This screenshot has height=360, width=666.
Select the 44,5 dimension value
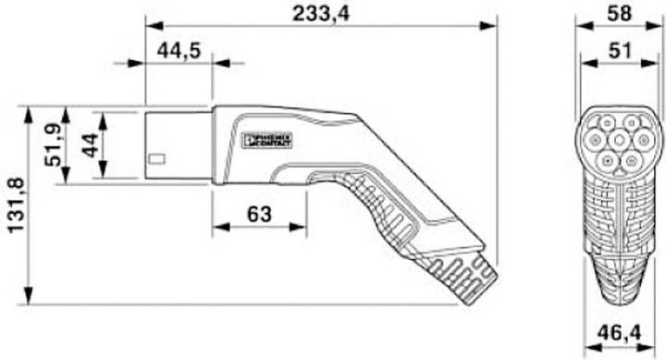[179, 51]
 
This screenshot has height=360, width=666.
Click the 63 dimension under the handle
[259, 215]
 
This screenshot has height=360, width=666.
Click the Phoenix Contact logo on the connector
[266, 141]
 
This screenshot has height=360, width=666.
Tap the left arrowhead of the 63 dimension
[217, 228]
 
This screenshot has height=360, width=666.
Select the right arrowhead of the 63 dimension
[302, 228]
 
